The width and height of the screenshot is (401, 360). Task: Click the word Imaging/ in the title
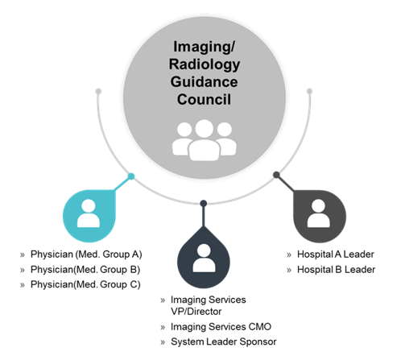[204, 47]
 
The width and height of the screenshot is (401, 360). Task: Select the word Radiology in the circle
[205, 64]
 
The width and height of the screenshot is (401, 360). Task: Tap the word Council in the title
[204, 100]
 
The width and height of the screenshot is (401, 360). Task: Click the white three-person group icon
[205, 140]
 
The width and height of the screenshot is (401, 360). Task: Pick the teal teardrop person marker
[89, 216]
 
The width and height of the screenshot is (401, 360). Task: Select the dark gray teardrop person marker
[319, 216]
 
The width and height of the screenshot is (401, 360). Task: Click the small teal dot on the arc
[131, 176]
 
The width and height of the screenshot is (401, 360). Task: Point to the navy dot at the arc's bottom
[204, 204]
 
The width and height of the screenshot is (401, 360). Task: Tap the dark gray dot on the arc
[276, 175]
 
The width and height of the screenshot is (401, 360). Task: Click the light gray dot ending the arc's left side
[98, 91]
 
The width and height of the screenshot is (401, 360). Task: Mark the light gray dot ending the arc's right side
[309, 91]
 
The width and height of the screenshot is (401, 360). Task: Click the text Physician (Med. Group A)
[86, 254]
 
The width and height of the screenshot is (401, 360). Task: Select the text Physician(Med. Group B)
[85, 270]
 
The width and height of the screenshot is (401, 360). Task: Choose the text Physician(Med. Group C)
[85, 284]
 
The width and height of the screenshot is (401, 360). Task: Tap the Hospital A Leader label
[336, 254]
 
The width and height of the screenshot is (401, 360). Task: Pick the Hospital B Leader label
[336, 270]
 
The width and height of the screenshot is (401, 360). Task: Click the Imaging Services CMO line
[221, 327]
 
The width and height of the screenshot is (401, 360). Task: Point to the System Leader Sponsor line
[224, 341]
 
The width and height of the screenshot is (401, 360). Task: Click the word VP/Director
[196, 312]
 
